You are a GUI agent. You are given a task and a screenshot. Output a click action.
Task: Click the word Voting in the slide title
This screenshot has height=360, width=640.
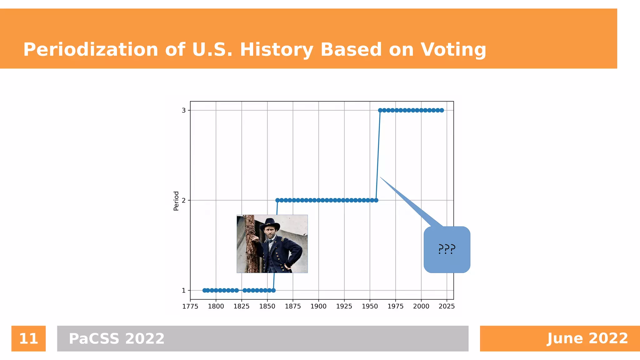(453, 50)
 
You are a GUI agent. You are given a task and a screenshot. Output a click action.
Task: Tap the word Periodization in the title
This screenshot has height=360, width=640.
(91, 50)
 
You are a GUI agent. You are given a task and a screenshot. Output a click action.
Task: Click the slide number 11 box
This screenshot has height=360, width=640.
(28, 338)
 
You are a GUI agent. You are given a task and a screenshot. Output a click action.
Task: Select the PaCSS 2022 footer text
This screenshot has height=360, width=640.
(117, 338)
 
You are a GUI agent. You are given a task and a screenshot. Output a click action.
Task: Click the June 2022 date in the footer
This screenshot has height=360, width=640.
(587, 338)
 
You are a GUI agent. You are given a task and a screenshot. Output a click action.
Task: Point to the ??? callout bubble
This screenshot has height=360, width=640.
(447, 249)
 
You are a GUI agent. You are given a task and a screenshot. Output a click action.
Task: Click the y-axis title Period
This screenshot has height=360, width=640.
(176, 201)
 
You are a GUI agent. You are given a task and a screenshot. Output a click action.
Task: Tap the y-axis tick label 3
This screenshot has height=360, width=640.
(184, 110)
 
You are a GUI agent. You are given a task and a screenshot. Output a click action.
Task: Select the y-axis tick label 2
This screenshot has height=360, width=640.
(184, 200)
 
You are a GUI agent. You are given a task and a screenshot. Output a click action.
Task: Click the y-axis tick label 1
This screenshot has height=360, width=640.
(184, 290)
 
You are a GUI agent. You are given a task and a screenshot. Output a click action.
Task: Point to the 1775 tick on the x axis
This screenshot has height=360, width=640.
(190, 306)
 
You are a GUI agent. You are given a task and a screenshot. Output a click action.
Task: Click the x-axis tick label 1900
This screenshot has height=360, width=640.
(318, 306)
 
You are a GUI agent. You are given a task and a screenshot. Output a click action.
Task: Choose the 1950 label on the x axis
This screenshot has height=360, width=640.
(370, 306)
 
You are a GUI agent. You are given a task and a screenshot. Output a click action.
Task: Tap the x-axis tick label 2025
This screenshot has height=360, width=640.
(447, 306)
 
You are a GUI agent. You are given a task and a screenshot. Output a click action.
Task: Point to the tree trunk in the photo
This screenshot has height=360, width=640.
(250, 244)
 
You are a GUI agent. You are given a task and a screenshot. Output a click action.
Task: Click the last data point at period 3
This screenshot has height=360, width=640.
(442, 110)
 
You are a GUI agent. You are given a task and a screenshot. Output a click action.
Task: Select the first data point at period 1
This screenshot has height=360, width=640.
(204, 290)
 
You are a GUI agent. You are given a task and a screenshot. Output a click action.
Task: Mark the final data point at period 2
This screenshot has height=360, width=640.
(376, 200)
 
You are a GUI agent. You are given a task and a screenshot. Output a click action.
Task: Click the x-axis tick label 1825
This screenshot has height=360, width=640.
(242, 306)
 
